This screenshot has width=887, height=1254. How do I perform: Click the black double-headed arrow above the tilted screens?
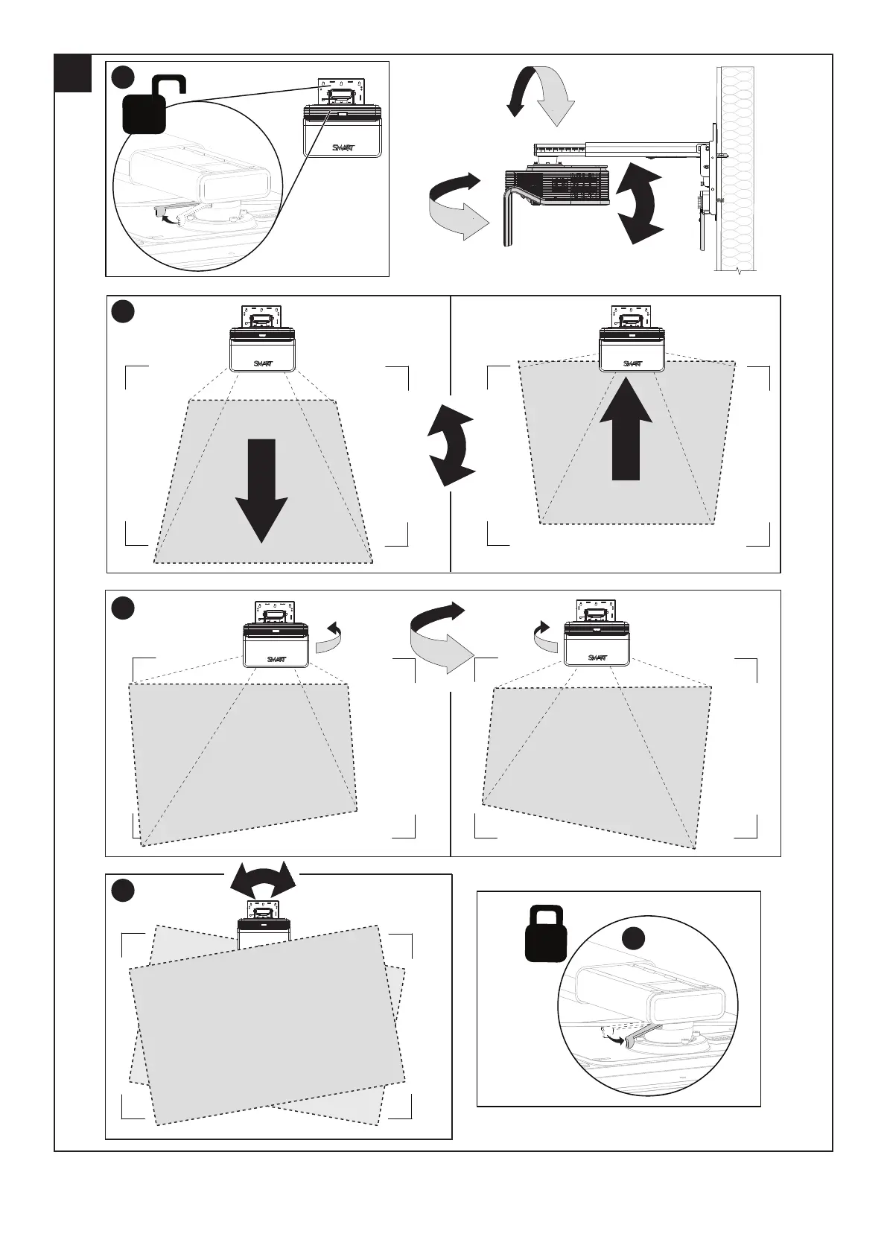pyautogui.click(x=263, y=884)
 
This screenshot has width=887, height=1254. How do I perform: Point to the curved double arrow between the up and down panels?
pyautogui.click(x=451, y=445)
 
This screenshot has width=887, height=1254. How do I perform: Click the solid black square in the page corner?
pyautogui.click(x=74, y=73)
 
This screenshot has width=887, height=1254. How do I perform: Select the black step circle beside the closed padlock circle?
pyautogui.click(x=635, y=939)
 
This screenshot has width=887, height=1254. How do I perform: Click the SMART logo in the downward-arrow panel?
pyautogui.click(x=263, y=363)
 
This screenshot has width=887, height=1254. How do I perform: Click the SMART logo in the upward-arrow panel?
pyautogui.click(x=632, y=363)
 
